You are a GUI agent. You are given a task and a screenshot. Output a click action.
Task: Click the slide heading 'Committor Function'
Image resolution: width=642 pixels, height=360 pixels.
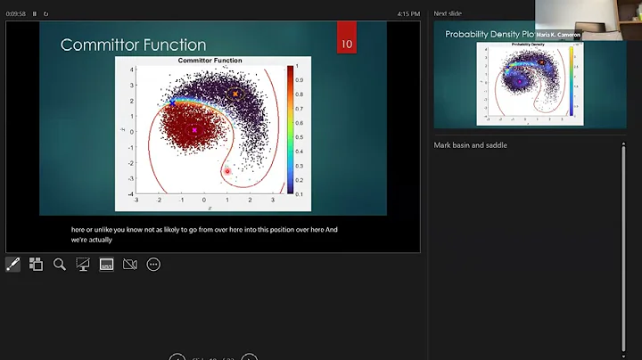(x=133, y=45)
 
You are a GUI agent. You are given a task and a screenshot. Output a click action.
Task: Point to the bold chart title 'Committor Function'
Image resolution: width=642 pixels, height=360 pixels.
(x=211, y=61)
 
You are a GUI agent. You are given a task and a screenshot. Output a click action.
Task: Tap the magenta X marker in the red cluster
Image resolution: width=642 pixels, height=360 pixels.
(x=194, y=131)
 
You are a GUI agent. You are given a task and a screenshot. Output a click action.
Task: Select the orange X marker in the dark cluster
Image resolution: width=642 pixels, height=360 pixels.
(x=235, y=94)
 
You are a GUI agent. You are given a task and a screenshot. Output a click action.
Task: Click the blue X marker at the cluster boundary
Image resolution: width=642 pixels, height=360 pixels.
(x=172, y=103)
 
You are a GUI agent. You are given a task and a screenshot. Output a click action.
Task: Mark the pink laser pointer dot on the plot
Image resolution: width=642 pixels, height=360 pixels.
(x=227, y=170)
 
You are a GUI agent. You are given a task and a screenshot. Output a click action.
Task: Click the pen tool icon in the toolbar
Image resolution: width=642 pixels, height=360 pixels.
(x=13, y=264)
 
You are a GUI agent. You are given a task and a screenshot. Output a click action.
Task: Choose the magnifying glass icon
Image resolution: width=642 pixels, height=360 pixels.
(x=60, y=264)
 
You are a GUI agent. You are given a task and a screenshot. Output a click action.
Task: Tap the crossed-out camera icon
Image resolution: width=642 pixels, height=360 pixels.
(x=129, y=264)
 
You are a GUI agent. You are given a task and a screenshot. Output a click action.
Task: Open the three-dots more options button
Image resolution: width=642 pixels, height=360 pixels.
(x=153, y=264)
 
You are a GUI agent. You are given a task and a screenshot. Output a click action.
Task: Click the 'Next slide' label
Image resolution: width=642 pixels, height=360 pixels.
(x=448, y=13)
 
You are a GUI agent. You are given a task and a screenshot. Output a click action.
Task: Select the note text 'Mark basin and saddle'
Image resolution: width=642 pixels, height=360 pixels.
(x=470, y=144)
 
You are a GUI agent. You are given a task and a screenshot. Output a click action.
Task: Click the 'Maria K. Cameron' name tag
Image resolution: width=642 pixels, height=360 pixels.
(x=558, y=35)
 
